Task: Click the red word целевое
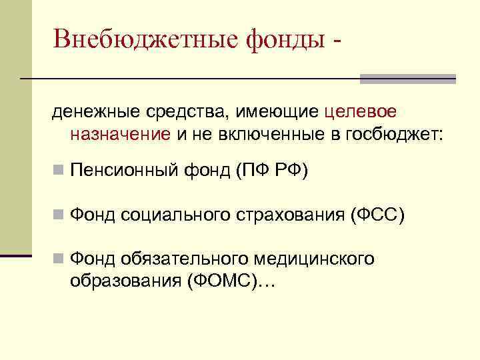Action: (363, 109)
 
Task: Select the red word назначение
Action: (121, 133)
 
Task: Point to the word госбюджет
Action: (393, 133)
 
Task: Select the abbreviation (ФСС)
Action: (377, 215)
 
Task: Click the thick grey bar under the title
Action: (407, 79)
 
